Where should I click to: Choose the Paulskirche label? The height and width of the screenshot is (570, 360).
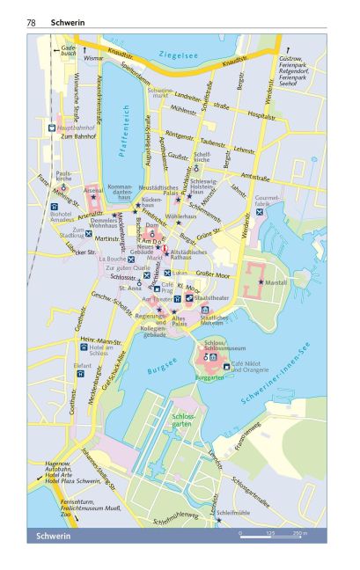64,177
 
